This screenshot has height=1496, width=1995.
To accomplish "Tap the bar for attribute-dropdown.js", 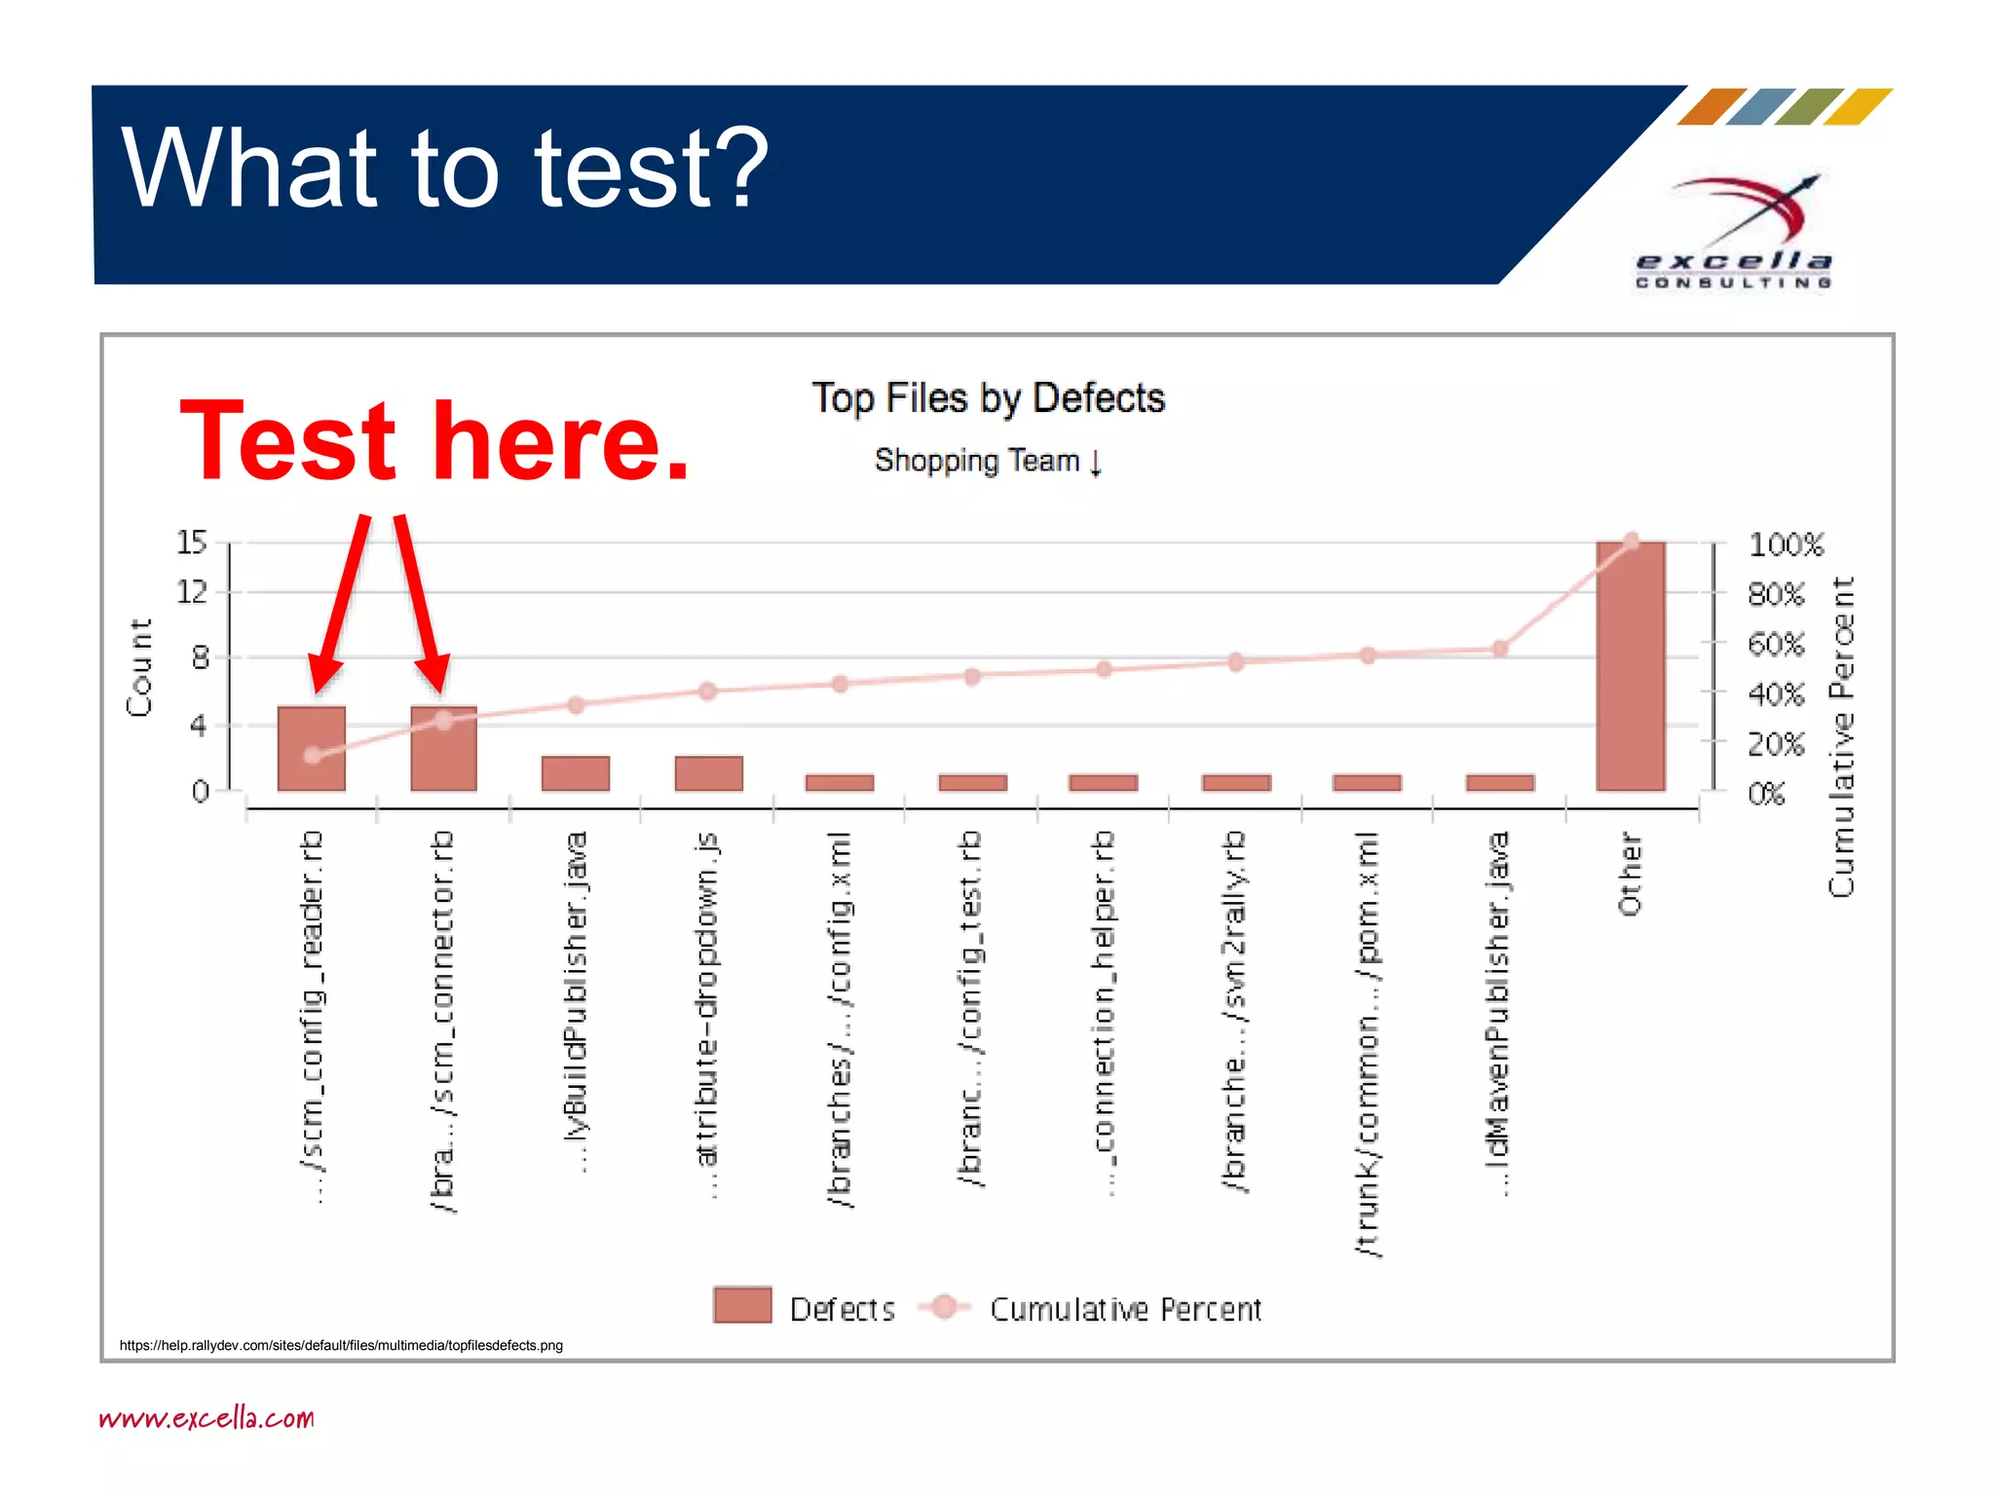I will pyautogui.click(x=708, y=773).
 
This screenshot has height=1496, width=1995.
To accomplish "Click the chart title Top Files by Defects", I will pyautogui.click(x=988, y=398).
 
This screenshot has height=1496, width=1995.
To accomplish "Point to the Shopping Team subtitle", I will pyautogui.click(x=987, y=461).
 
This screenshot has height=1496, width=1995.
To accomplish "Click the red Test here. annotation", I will pyautogui.click(x=434, y=442).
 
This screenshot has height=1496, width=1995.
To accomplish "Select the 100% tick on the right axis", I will pyautogui.click(x=1785, y=544).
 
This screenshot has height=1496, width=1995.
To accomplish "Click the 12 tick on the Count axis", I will pyautogui.click(x=192, y=591).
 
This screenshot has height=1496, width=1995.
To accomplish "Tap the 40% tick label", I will pyautogui.click(x=1775, y=694).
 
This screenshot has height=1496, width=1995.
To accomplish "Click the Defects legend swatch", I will pyautogui.click(x=742, y=1305).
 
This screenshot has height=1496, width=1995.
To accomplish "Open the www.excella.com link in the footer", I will pyautogui.click(x=207, y=1418).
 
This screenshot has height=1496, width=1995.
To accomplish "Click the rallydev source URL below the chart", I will pyautogui.click(x=341, y=1345).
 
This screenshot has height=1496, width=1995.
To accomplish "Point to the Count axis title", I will pyautogui.click(x=140, y=667).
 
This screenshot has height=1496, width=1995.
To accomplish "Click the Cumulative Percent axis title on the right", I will pyautogui.click(x=1841, y=736).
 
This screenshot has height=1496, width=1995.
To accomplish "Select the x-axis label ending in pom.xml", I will pyautogui.click(x=1368, y=1043).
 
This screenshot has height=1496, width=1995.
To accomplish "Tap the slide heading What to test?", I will pyautogui.click(x=445, y=168).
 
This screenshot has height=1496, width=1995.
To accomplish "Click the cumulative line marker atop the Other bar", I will pyautogui.click(x=1632, y=542).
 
